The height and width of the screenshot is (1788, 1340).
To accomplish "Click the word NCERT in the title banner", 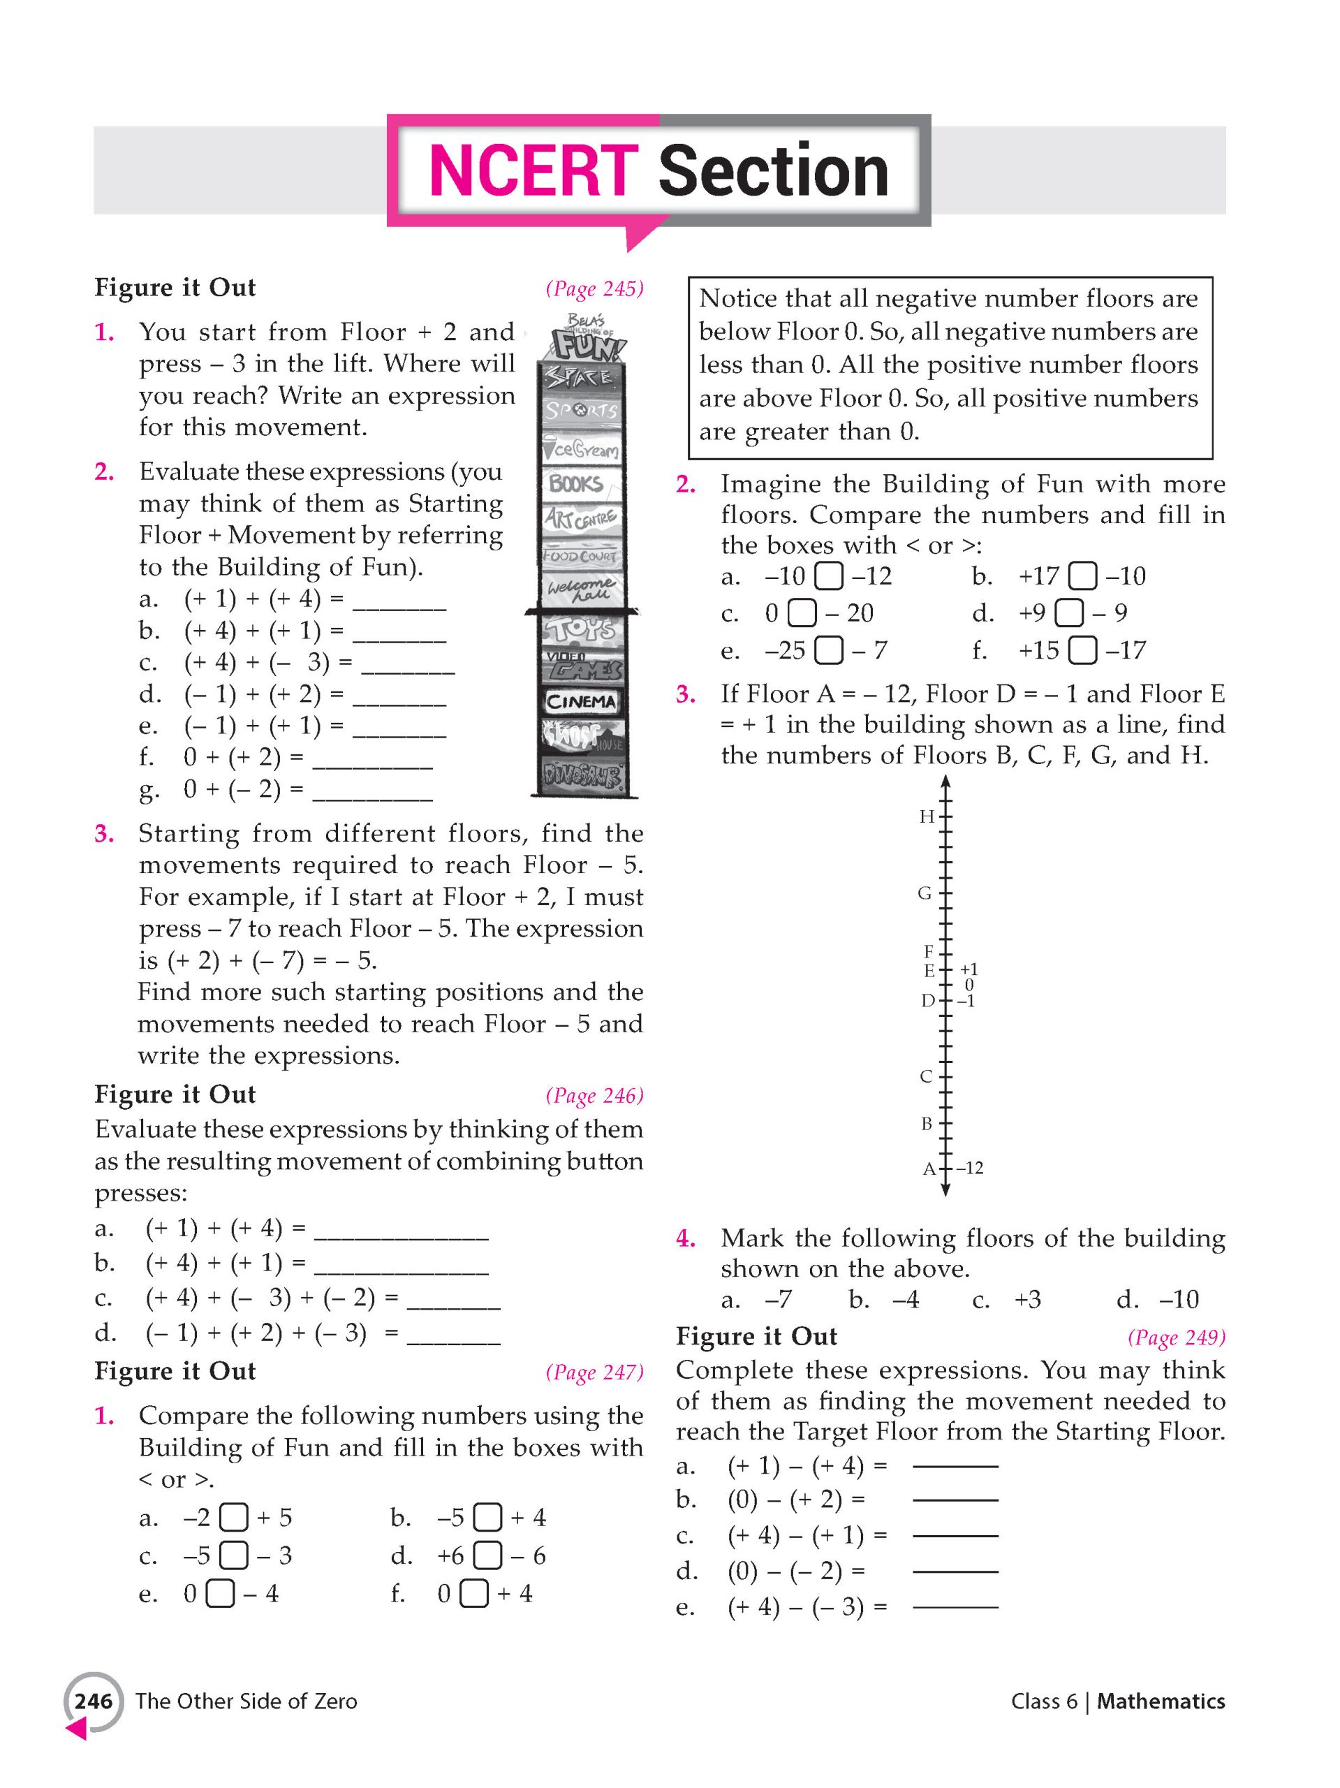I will point(533,170).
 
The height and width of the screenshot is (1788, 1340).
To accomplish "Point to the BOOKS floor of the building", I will point(576,484).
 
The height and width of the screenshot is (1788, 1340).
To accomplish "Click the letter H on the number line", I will point(926,816).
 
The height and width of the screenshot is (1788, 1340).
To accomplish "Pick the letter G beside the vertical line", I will point(925,893).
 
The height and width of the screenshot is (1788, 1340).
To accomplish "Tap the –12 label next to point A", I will point(969,1168).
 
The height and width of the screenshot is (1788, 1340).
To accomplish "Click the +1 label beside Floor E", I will point(969,968).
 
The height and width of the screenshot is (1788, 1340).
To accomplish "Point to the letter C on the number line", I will point(926,1076).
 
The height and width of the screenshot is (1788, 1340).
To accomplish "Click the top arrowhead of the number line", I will point(945,782).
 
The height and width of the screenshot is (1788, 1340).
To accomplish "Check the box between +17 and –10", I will point(1082,576).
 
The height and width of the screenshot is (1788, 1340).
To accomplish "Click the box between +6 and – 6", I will point(487,1555).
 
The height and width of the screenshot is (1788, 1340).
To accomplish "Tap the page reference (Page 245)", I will point(594,288).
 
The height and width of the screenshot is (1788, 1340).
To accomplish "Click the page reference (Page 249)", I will point(1176,1337).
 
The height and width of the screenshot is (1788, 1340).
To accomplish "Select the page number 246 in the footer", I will point(94,1701).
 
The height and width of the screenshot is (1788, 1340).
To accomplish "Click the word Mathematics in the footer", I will point(1161,1701).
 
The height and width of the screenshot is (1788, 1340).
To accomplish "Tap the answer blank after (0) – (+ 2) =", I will point(955,1500).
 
